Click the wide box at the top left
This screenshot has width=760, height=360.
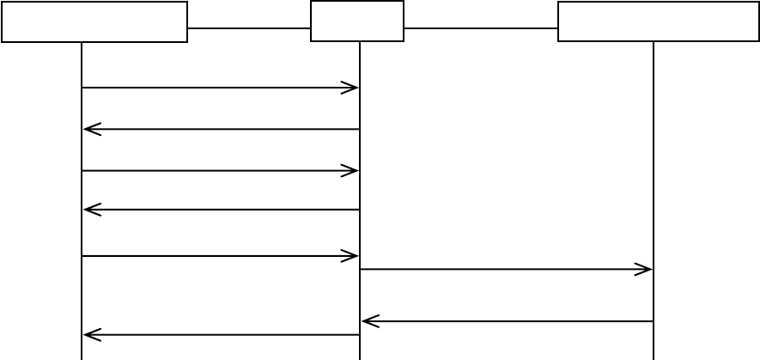tap(94, 21)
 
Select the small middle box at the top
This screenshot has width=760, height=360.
tap(357, 21)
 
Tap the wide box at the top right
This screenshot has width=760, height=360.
tap(658, 21)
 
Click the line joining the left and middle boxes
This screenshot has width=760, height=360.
tap(249, 28)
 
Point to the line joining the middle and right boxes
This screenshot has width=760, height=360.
tap(481, 28)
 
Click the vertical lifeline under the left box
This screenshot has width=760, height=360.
tap(82, 292)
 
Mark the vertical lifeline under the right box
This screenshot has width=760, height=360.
tap(654, 172)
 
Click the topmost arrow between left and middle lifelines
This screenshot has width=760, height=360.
tap(220, 88)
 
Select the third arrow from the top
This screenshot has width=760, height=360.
tap(220, 171)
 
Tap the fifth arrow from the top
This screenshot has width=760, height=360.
tap(220, 256)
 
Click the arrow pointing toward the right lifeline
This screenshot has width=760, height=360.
tap(507, 270)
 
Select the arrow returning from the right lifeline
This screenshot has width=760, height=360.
tap(507, 321)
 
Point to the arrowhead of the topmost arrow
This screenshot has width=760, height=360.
tap(351, 88)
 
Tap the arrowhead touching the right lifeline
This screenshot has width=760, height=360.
tap(645, 270)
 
